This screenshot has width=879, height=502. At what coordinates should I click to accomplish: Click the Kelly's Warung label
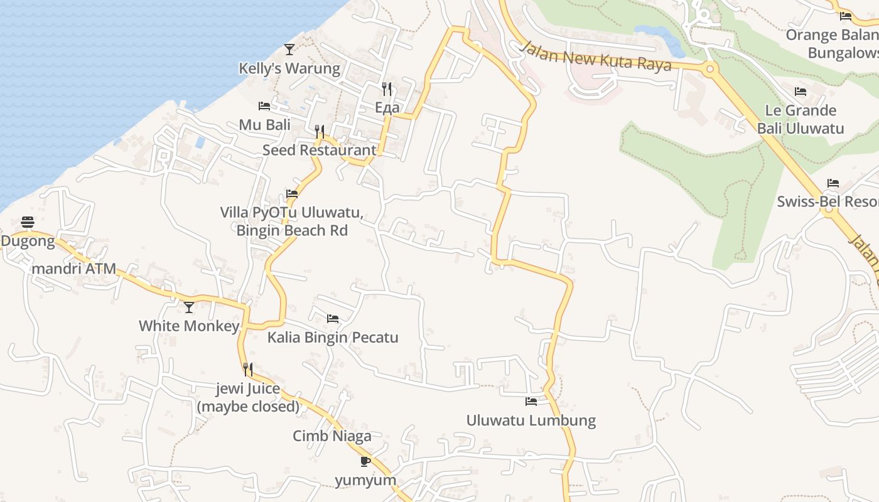tap(289, 68)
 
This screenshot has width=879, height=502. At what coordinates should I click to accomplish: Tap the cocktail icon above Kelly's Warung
tap(289, 49)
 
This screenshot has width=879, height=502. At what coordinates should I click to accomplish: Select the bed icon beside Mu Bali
tap(264, 106)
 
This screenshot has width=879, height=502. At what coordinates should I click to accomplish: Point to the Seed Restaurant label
tap(320, 150)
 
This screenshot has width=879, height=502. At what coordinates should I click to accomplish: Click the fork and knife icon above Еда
tap(387, 89)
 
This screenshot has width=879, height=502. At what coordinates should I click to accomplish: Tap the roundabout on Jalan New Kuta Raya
tap(710, 69)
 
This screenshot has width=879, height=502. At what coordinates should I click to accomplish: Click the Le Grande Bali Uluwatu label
tap(801, 119)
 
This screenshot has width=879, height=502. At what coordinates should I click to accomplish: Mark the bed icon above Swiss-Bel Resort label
tap(833, 183)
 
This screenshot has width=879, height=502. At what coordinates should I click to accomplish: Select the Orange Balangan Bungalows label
tap(833, 43)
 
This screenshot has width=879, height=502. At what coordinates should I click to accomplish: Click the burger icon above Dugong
tap(27, 222)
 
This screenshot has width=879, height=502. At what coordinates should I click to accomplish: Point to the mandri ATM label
tap(74, 269)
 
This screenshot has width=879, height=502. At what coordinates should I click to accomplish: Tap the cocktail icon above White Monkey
tap(189, 307)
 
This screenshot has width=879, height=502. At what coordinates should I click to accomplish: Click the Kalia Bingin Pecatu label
tap(333, 338)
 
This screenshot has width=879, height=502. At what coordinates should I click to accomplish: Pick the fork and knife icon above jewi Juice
tap(248, 370)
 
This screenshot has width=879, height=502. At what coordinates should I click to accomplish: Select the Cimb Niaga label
tap(332, 435)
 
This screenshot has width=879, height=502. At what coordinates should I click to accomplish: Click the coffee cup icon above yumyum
tap(365, 462)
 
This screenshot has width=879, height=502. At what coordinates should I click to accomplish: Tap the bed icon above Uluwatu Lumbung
tap(531, 401)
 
